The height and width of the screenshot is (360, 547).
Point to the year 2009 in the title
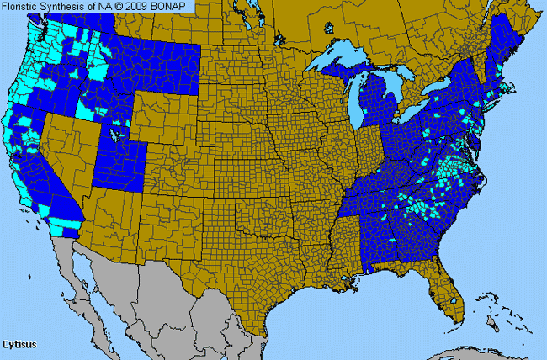141,7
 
